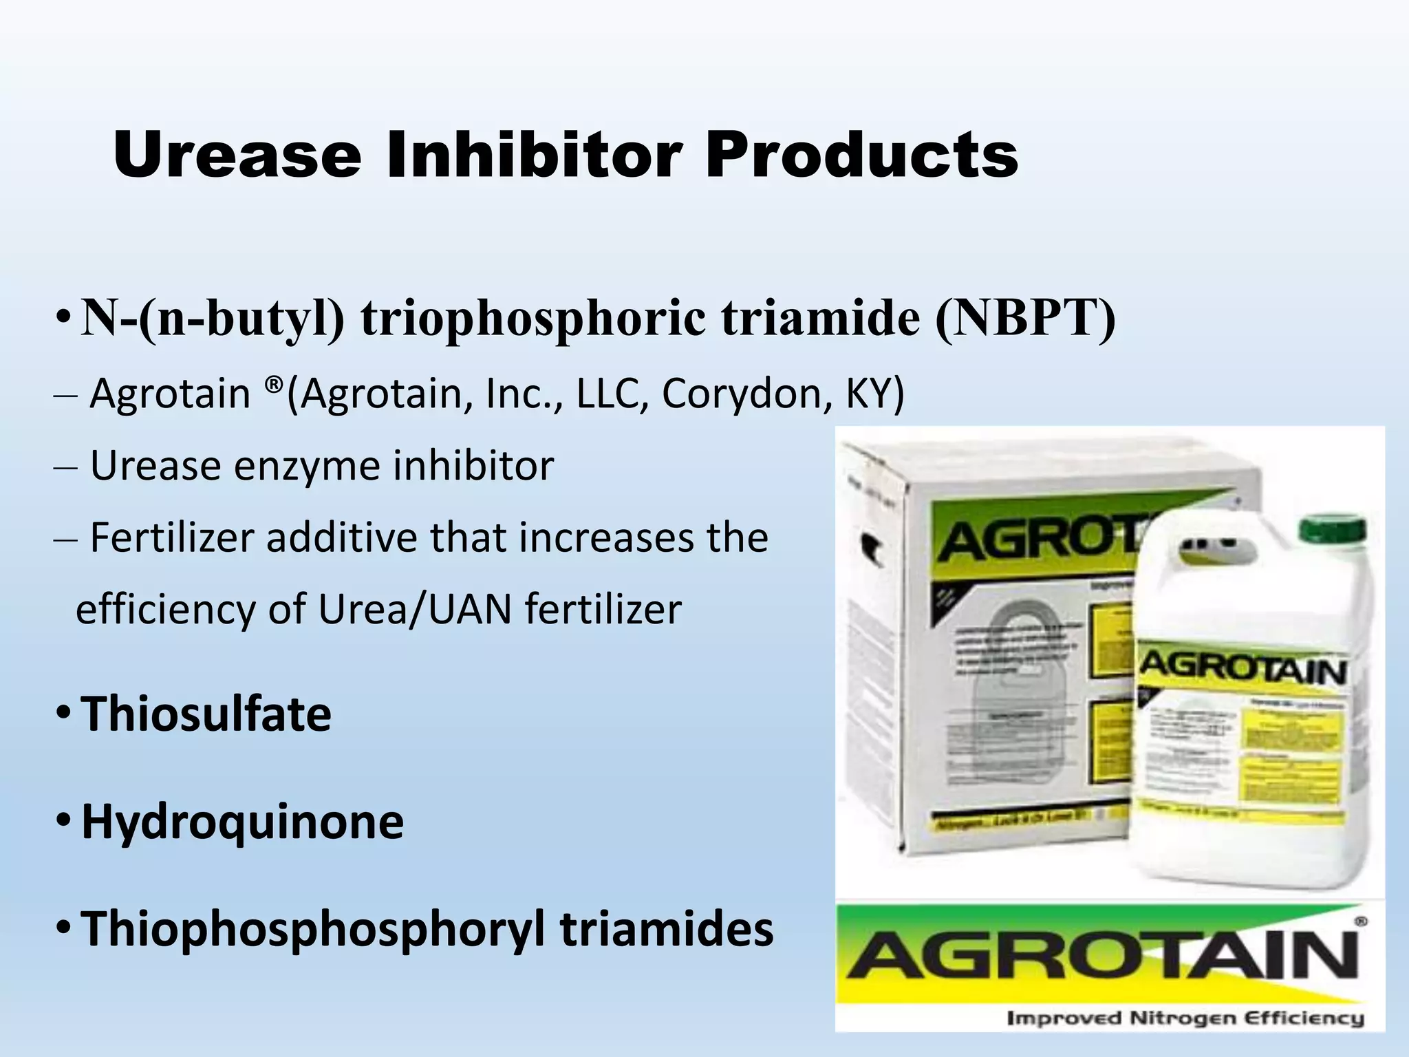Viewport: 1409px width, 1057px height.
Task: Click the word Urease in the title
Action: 237,156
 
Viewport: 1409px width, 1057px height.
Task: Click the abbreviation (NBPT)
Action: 1024,318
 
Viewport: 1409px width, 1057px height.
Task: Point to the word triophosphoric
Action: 533,319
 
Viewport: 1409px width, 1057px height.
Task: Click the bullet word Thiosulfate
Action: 206,714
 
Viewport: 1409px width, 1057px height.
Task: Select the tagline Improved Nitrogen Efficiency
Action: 1185,1018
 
